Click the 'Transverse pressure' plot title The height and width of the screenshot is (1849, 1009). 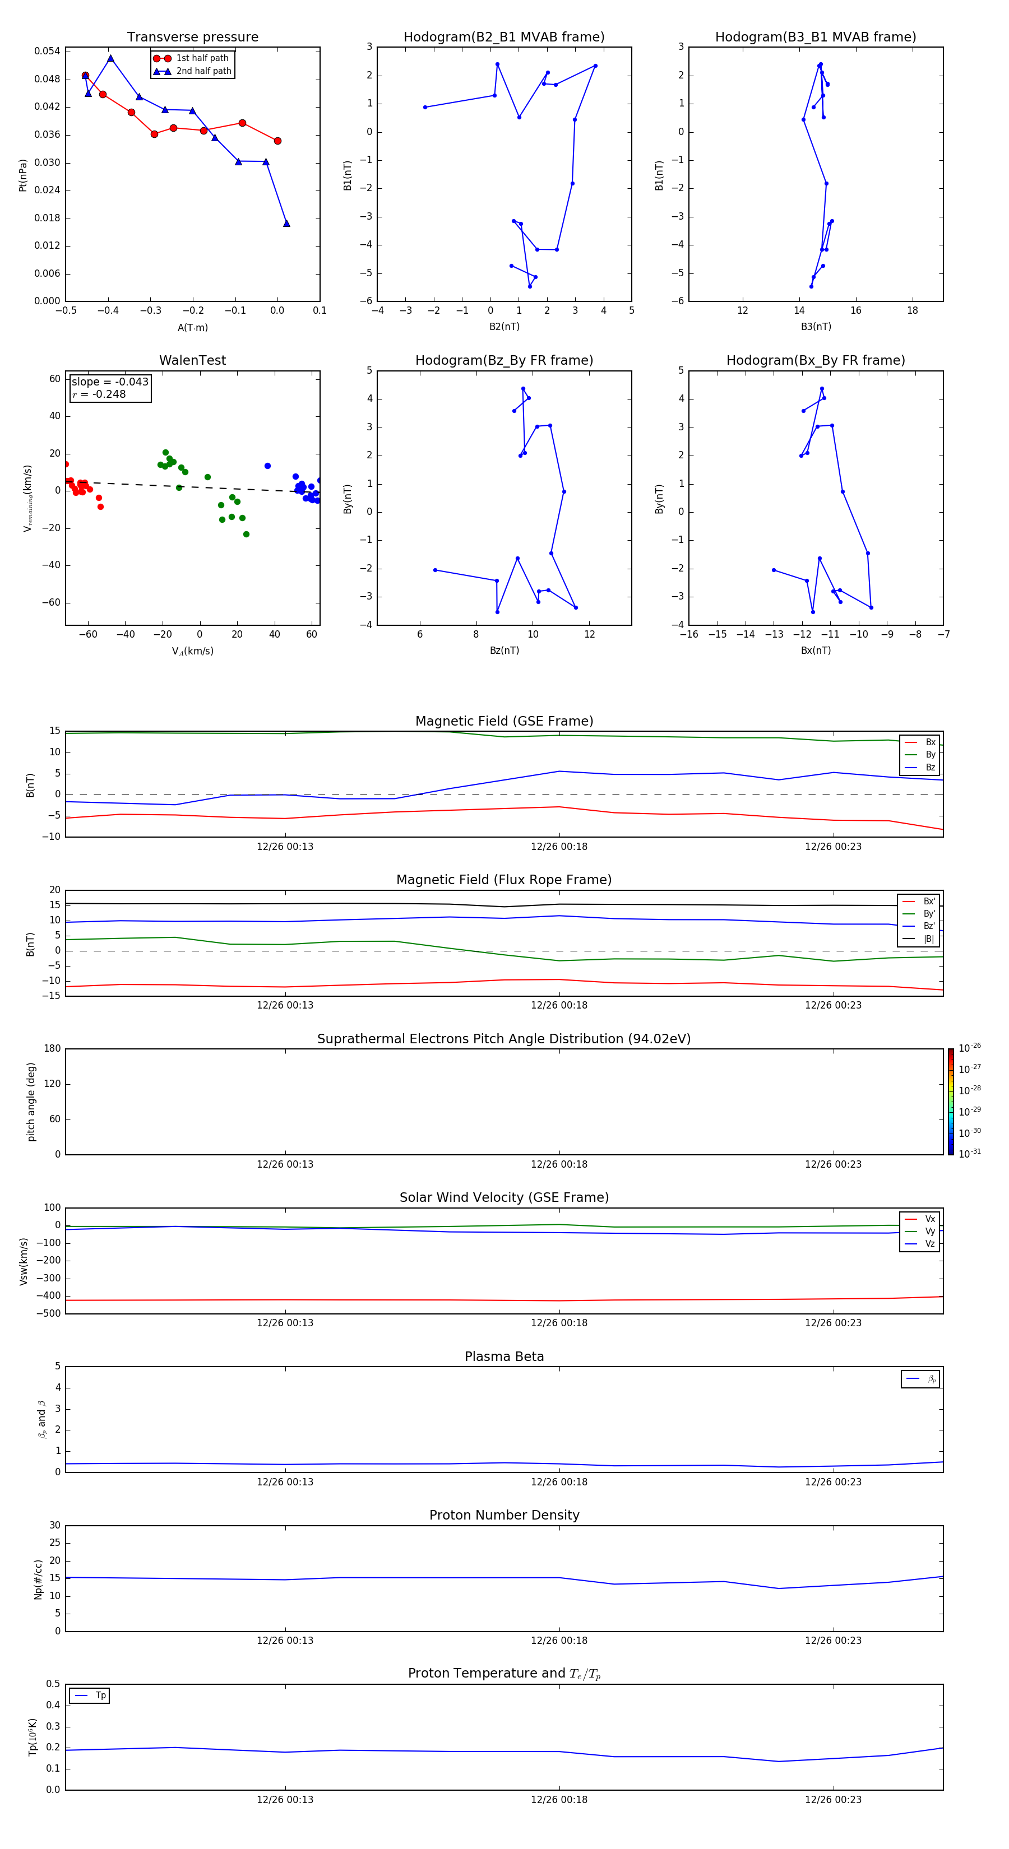(192, 38)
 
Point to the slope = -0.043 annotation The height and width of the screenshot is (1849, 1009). (110, 382)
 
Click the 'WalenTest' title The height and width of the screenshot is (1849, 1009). (192, 360)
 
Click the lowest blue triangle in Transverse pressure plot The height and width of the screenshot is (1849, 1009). (286, 223)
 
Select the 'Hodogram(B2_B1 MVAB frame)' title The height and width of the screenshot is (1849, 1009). (503, 38)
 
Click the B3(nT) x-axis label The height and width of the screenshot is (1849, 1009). (816, 327)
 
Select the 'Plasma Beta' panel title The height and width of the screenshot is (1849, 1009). (504, 1356)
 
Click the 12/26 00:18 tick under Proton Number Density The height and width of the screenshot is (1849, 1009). (559, 1640)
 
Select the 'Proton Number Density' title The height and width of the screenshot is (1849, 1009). (504, 1515)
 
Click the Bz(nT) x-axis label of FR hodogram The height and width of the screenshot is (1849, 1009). (504, 651)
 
